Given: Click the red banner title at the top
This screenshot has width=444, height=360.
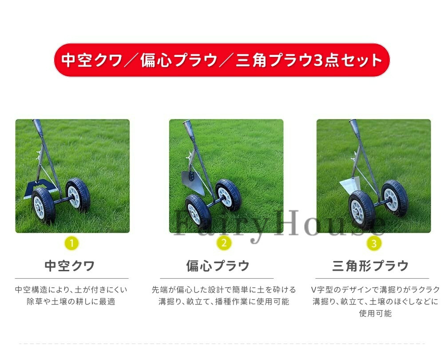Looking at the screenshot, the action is point(222,60).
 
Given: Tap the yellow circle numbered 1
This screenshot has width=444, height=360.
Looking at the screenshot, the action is point(71,243).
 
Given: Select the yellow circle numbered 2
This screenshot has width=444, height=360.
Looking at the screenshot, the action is point(224,243).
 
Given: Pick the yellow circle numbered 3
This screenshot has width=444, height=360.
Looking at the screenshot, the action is point(374,243).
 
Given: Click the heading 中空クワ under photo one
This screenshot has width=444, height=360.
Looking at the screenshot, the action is point(70,266).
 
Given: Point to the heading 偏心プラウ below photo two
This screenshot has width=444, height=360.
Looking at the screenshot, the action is point(218,266).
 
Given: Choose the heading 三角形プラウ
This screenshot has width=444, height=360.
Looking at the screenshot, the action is point(370,266).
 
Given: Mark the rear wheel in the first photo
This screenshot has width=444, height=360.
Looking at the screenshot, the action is point(78,195).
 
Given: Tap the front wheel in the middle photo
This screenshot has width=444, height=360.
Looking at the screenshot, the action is point(198,212).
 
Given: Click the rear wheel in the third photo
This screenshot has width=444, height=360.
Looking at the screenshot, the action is point(395,198).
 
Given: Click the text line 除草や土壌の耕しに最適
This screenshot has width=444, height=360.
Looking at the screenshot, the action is point(71,301).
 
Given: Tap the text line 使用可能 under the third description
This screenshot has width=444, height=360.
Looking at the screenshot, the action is point(375,313).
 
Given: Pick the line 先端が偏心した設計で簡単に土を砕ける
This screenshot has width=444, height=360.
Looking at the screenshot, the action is point(224,289).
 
